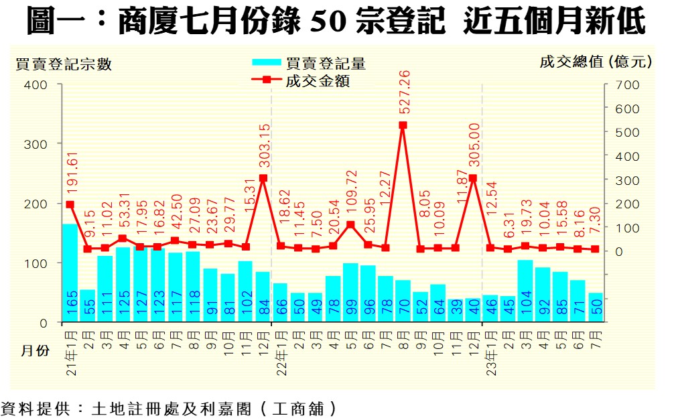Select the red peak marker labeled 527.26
click(403, 125)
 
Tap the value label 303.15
click(263, 147)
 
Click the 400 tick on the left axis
click(37, 85)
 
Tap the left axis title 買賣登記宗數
click(64, 64)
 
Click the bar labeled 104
click(525, 291)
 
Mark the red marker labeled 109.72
click(350, 224)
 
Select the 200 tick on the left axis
click(37, 204)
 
